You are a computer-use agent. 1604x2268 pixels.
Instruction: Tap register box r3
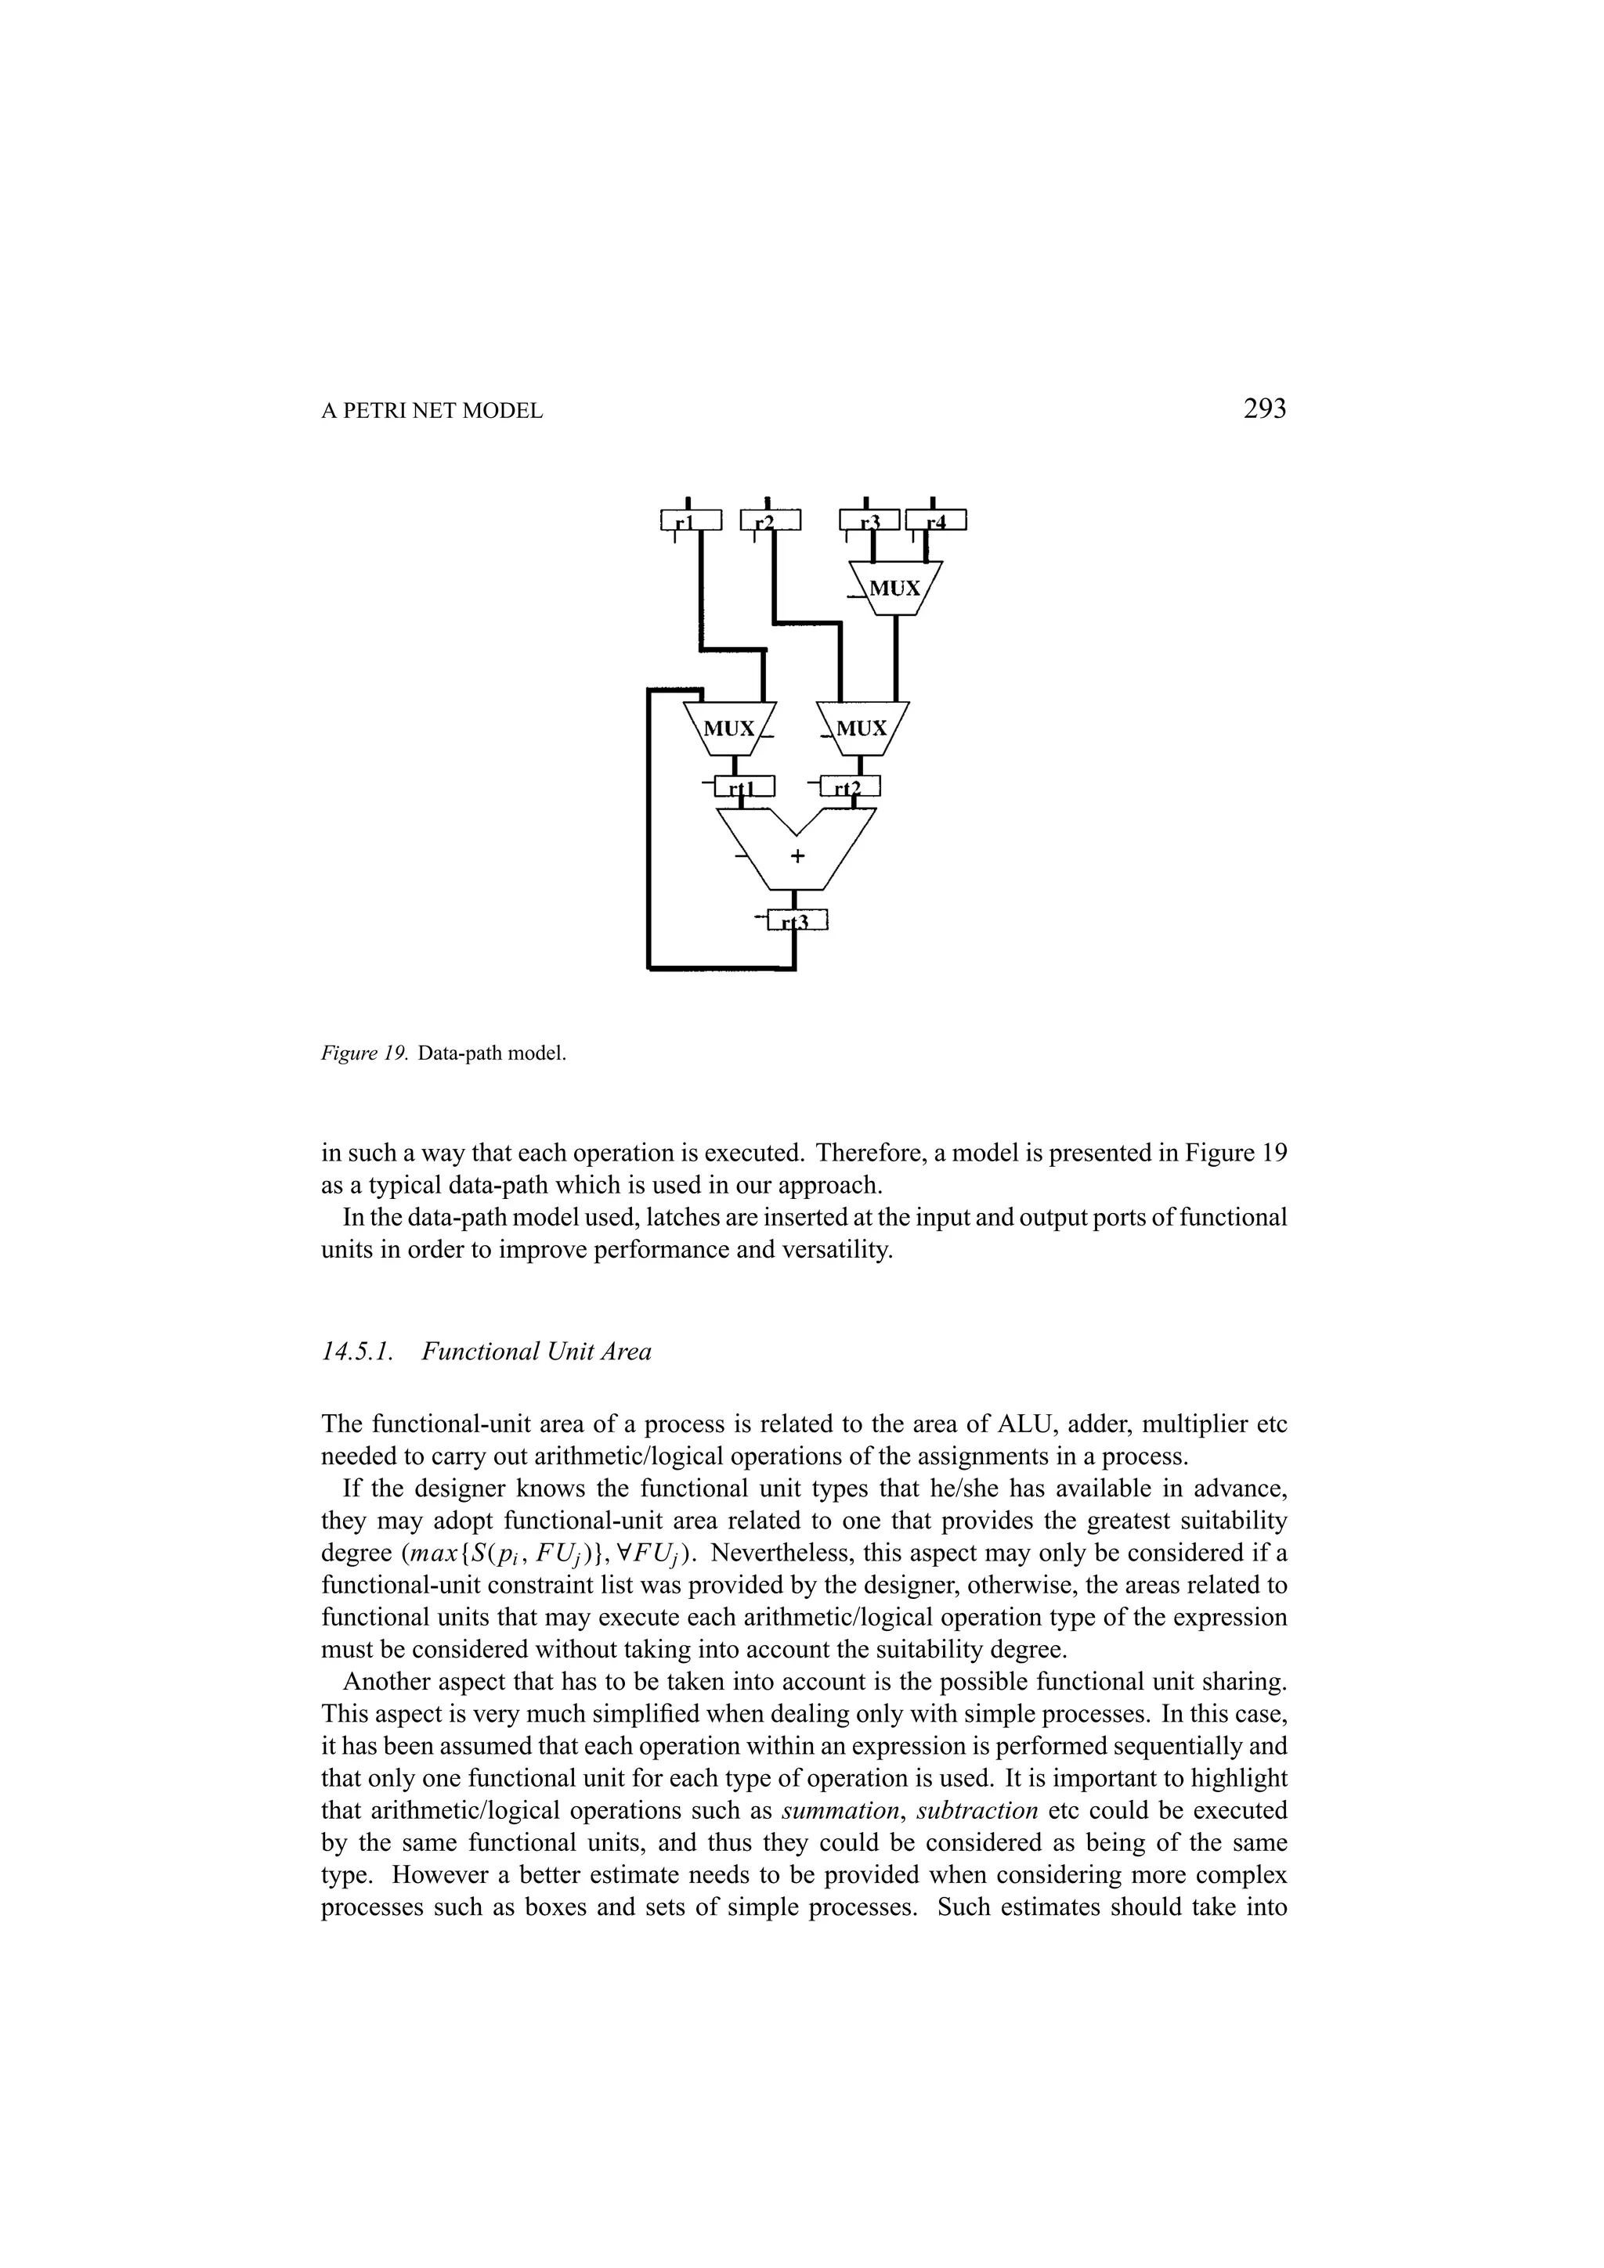click(x=869, y=520)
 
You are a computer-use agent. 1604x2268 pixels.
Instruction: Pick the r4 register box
click(x=936, y=520)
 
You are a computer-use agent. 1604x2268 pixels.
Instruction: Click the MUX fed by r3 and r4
click(x=895, y=588)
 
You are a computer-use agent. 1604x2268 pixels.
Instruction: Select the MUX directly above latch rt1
click(x=729, y=729)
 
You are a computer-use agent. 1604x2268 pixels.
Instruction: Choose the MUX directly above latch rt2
click(x=862, y=729)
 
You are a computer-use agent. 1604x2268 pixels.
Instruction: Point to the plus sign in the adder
click(x=797, y=855)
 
